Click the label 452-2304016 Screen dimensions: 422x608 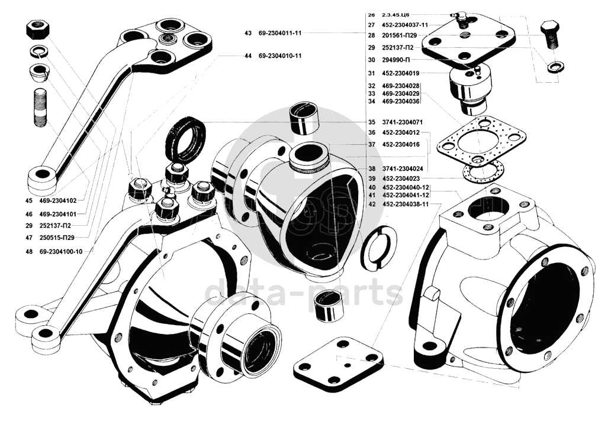click(401, 144)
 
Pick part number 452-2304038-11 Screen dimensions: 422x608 click(409, 204)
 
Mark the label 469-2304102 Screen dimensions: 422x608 click(62, 200)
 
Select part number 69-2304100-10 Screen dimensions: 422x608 click(65, 251)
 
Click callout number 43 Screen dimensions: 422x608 click(247, 33)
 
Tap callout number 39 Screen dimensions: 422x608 click(371, 178)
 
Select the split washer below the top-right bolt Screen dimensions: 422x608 click(555, 67)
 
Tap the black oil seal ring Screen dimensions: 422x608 click(186, 139)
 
